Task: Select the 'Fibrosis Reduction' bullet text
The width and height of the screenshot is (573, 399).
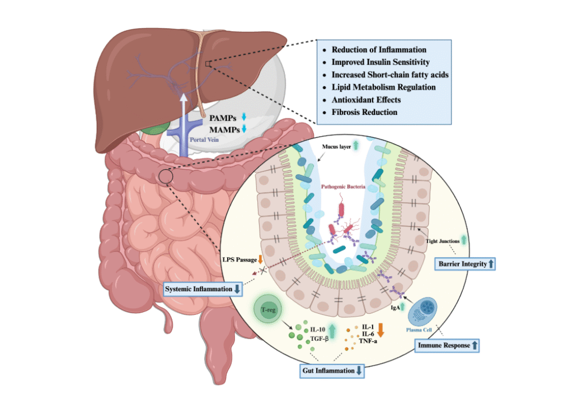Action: [x=364, y=112]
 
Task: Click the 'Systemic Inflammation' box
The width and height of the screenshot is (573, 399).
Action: [x=203, y=289]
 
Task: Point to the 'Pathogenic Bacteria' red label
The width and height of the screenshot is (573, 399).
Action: [x=344, y=185]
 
